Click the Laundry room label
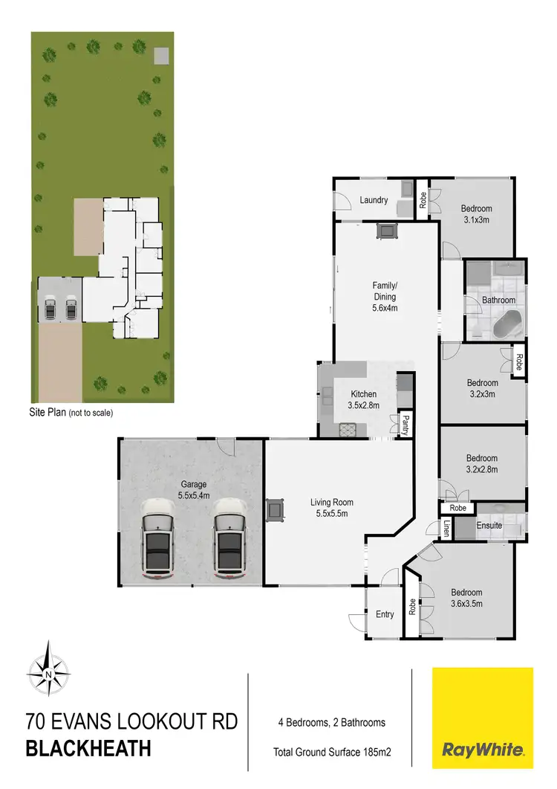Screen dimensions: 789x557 (x=374, y=200)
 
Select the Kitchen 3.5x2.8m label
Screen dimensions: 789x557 (x=364, y=399)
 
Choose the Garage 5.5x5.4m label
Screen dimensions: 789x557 (x=193, y=489)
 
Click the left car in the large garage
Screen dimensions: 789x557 (x=157, y=538)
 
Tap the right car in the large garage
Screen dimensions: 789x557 (x=229, y=538)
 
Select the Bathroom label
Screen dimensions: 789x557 (x=498, y=300)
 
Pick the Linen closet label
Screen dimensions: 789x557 (x=446, y=529)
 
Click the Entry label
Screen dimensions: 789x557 (x=385, y=614)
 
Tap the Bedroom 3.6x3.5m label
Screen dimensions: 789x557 (x=467, y=598)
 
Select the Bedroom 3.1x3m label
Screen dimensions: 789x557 (x=476, y=214)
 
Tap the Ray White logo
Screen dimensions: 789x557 (x=483, y=718)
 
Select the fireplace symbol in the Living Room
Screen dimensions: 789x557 (x=276, y=509)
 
